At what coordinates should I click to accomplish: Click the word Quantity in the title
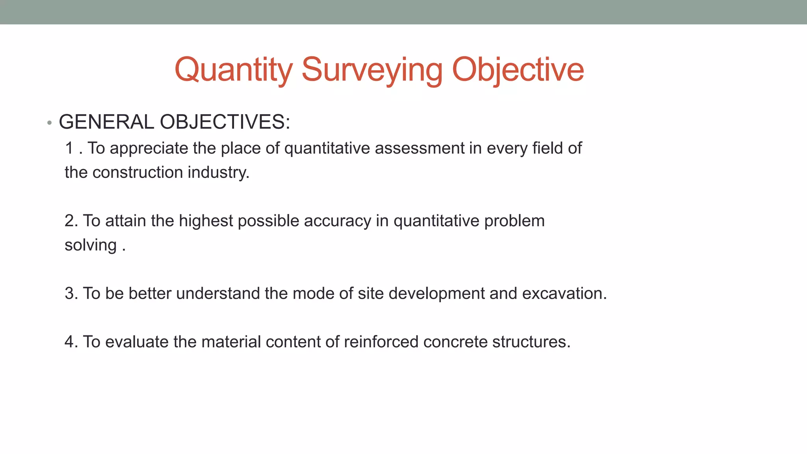pos(233,70)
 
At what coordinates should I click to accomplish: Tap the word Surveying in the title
pos(372,70)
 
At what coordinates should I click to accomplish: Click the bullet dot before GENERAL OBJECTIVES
pos(49,123)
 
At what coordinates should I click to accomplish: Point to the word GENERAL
pos(106,122)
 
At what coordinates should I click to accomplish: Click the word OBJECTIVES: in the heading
pos(225,122)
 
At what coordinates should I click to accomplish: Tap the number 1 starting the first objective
pos(69,149)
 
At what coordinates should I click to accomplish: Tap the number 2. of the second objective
pos(71,221)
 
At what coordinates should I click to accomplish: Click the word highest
pos(206,221)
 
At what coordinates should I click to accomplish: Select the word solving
pos(91,246)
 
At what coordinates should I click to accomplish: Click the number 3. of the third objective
pos(71,294)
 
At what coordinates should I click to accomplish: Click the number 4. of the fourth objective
pos(71,342)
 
